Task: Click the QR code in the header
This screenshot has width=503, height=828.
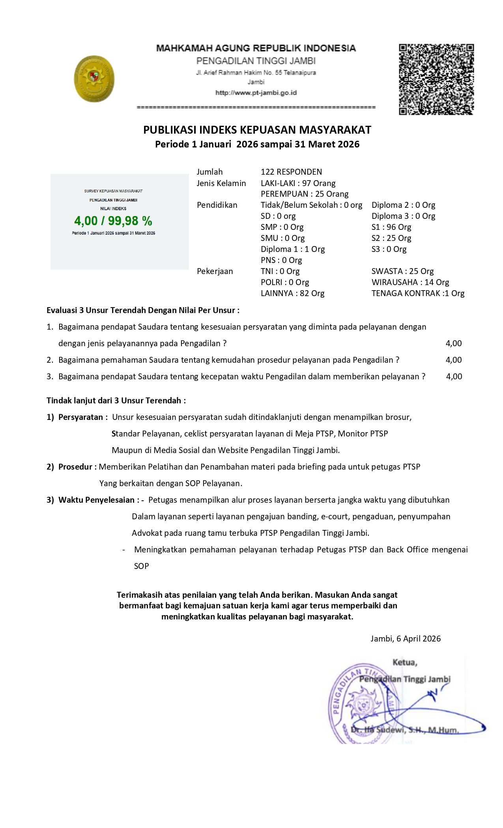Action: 436,79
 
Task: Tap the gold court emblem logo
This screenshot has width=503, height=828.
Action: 94,79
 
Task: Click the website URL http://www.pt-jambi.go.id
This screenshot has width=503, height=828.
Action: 256,93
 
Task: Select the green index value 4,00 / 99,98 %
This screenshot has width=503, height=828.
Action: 113,221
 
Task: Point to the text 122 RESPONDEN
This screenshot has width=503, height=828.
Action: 291,172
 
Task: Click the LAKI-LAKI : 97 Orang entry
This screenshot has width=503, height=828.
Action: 298,183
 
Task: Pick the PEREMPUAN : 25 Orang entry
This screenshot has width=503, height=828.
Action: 305,194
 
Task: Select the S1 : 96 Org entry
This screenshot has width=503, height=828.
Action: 391,227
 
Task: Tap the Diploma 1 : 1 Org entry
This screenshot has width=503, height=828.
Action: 293,249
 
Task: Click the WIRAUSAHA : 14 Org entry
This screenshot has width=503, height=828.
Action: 410,282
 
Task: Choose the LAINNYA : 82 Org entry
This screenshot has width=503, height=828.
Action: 292,293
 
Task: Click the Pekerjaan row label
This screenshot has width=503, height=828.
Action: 215,271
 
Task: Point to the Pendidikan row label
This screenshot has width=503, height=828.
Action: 217,205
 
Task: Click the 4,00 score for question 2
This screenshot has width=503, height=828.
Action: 454,360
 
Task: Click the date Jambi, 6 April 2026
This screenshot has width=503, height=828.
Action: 406,639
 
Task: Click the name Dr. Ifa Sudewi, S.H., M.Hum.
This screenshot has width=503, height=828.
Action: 405,730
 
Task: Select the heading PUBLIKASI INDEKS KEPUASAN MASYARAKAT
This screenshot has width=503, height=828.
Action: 257,130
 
